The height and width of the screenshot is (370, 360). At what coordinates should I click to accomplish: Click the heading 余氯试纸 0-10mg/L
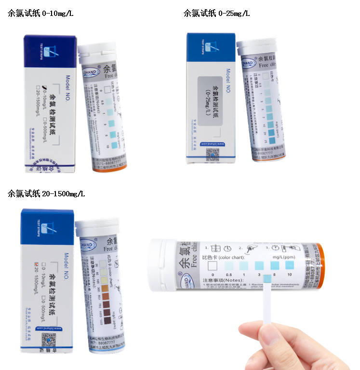click(40, 13)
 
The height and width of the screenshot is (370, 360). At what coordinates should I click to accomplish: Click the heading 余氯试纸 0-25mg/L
click(216, 13)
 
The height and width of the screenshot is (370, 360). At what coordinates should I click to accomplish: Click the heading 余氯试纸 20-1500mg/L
click(46, 193)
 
